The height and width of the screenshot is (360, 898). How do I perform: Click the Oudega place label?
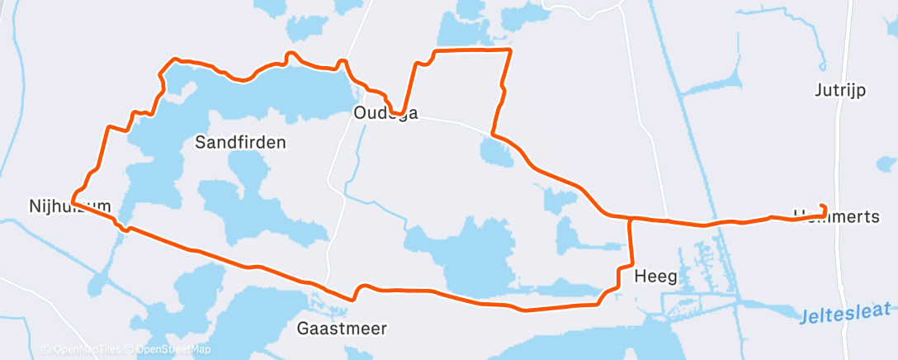click(385, 113)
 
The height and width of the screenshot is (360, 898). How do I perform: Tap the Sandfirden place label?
click(240, 142)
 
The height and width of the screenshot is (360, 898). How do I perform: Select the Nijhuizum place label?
click(69, 205)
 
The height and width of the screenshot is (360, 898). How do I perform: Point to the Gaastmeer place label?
click(342, 329)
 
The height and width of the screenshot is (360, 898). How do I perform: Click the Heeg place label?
click(655, 277)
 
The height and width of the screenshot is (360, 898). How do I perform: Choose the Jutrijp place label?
click(839, 91)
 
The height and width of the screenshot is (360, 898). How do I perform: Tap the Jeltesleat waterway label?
click(846, 312)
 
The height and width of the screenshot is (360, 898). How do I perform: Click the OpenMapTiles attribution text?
click(82, 349)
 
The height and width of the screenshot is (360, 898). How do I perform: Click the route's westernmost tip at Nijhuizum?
click(73, 200)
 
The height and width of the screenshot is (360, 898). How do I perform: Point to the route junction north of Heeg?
click(631, 219)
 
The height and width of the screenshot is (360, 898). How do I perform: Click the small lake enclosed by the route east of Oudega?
click(496, 151)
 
